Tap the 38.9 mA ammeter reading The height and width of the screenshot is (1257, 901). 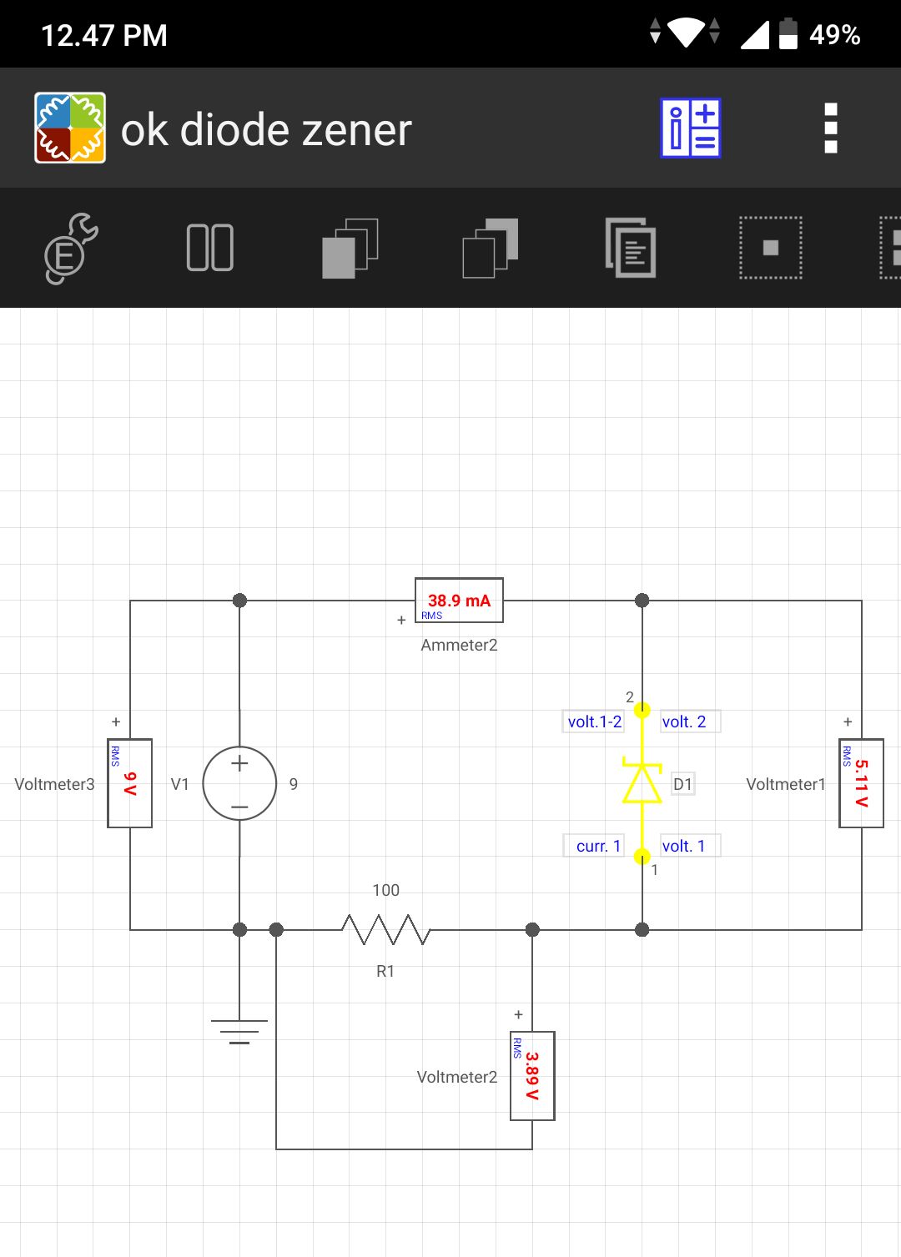pyautogui.click(x=459, y=601)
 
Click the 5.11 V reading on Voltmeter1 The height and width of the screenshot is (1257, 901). pyautogui.click(x=862, y=783)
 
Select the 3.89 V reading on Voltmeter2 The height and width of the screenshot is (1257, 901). pyautogui.click(x=532, y=1075)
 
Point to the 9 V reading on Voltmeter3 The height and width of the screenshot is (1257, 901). pyautogui.click(x=130, y=783)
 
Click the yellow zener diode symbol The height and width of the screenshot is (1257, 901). pyautogui.click(x=642, y=781)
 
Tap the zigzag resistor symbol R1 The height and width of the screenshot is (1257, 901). pyautogui.click(x=386, y=929)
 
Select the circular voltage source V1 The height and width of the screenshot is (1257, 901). pyautogui.click(x=239, y=783)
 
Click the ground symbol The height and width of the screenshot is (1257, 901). pyautogui.click(x=239, y=1032)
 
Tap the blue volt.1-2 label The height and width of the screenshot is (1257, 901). pyautogui.click(x=594, y=722)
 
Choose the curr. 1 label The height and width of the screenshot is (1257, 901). pyautogui.click(x=597, y=846)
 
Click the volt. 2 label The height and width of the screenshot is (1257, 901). pyautogui.click(x=684, y=722)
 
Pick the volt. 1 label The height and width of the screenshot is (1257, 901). pyautogui.click(x=684, y=846)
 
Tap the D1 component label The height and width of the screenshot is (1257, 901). pyautogui.click(x=682, y=784)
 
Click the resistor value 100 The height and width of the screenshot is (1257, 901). pyautogui.click(x=386, y=890)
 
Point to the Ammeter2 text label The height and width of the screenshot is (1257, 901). pyautogui.click(x=459, y=645)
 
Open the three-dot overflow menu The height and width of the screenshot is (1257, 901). pyautogui.click(x=831, y=128)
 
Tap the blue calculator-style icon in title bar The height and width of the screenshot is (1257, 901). pyautogui.click(x=691, y=128)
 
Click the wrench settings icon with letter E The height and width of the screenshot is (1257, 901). pyautogui.click(x=71, y=248)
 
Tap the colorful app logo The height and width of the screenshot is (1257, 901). pyautogui.click(x=70, y=128)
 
